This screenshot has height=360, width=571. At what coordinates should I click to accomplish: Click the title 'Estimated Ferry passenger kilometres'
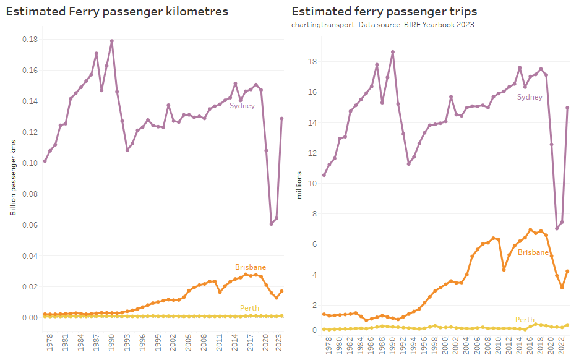tap(117, 12)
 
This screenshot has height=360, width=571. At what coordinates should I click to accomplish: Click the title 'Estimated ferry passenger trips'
tap(384, 12)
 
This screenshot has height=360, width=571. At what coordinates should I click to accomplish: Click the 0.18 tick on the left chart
tap(29, 40)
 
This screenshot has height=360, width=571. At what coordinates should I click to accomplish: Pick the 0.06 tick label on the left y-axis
tap(29, 225)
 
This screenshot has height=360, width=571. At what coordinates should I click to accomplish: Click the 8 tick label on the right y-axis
tap(314, 214)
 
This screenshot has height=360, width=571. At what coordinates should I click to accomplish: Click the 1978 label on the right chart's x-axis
tap(324, 343)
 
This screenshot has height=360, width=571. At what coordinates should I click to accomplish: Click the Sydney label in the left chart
tap(242, 106)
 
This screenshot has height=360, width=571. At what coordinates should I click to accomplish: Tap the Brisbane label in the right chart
tap(533, 252)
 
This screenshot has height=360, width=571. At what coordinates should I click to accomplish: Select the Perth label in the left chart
tap(249, 308)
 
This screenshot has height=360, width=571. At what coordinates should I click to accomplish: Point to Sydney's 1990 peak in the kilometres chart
tap(112, 41)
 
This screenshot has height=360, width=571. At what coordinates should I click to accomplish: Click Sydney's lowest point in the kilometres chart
tap(272, 223)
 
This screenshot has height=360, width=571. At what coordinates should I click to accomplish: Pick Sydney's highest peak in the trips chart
tap(392, 52)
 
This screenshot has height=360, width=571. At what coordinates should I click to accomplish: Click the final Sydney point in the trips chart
tap(567, 108)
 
